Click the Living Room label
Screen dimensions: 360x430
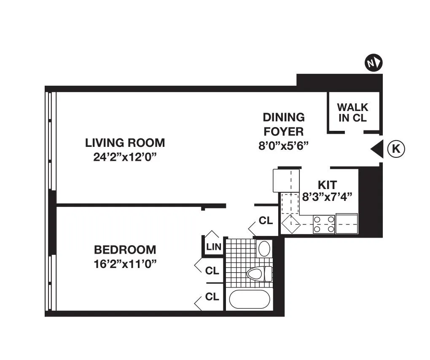pyautogui.click(x=125, y=143)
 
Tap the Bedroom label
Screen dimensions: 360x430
pyautogui.click(x=125, y=249)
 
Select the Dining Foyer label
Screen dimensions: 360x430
pyautogui.click(x=283, y=124)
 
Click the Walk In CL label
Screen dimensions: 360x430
pyautogui.click(x=353, y=113)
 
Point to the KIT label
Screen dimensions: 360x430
pyautogui.click(x=327, y=185)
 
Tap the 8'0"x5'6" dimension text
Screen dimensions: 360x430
pyautogui.click(x=284, y=146)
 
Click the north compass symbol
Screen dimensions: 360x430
pyautogui.click(x=374, y=63)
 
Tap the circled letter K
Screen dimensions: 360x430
pyautogui.click(x=396, y=149)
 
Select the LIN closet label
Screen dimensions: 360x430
pyautogui.click(x=214, y=247)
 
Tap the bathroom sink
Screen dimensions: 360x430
pyautogui.click(x=264, y=249)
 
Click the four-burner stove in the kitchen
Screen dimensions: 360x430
pyautogui.click(x=324, y=224)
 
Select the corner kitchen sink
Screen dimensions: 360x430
pyautogui.click(x=290, y=225)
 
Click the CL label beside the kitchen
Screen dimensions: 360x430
pyautogui.click(x=266, y=220)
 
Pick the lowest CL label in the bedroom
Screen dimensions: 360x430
pyautogui.click(x=212, y=297)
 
